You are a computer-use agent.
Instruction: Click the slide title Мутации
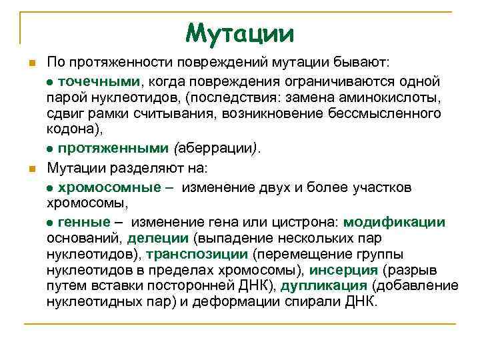[x=239, y=31]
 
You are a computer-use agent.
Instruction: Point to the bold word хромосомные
[x=109, y=187]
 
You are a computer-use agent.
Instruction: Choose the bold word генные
[x=85, y=222]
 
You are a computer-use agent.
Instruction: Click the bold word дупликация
[x=324, y=286]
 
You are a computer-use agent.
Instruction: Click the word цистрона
[x=311, y=222]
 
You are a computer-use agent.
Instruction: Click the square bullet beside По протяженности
[x=30, y=63]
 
